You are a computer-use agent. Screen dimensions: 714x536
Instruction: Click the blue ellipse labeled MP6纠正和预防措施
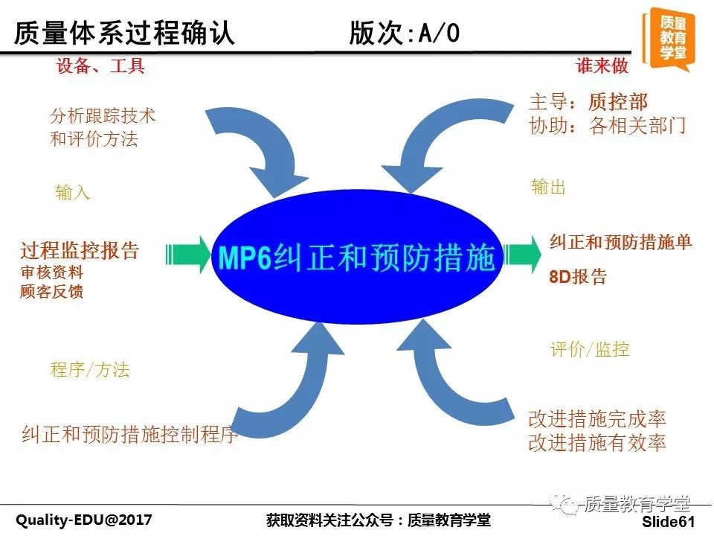coord(356,257)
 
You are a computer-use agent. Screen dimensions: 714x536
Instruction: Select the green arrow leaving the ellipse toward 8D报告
coord(522,255)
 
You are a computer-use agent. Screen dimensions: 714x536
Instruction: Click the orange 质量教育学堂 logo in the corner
coord(669,39)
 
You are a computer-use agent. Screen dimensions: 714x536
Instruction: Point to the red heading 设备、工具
coord(100,66)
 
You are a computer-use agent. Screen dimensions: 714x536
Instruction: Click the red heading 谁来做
coord(602,66)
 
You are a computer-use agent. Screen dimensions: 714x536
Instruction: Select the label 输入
coord(72,192)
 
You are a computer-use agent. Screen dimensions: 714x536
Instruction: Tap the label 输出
coord(548,187)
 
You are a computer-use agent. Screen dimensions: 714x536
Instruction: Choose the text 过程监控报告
coord(80,251)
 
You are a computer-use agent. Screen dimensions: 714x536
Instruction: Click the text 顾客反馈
coord(52,292)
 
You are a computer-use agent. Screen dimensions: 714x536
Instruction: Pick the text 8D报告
coord(578,277)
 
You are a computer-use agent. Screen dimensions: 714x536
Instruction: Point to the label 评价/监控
coord(590,350)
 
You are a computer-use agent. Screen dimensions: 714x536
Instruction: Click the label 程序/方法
coord(90,370)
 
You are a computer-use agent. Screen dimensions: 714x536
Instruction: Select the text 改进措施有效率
coord(597,442)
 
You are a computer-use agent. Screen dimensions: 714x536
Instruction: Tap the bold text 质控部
coord(618,102)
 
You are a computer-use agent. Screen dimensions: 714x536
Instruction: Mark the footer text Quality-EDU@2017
coord(84,520)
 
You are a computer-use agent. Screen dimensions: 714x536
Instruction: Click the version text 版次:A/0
coord(405,33)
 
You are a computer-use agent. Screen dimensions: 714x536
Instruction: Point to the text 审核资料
coord(52,272)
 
